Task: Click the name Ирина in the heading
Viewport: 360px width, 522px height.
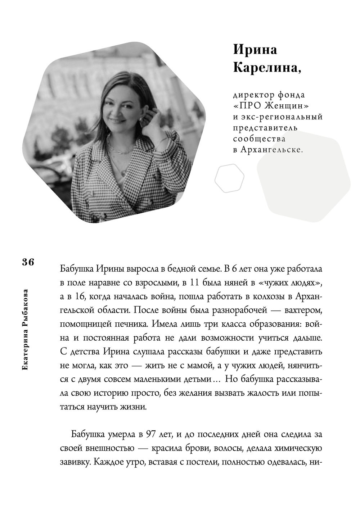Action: click(255, 50)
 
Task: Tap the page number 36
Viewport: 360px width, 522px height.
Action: click(28, 262)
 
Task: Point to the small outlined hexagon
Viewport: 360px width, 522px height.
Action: click(229, 178)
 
